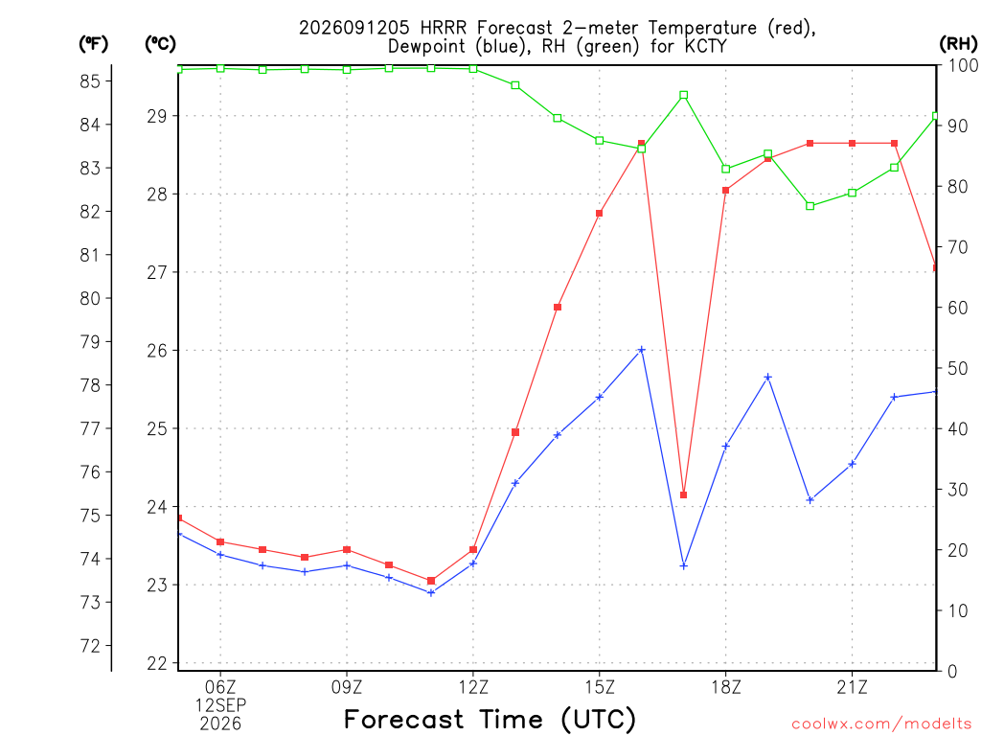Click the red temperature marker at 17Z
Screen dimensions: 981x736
pos(684,495)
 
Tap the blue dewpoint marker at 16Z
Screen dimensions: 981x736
pos(641,350)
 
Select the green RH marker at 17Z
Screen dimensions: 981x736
pos(684,95)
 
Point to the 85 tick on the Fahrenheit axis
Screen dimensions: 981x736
pos(90,80)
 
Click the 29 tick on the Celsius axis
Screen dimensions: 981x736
pos(158,116)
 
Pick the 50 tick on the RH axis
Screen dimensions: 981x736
pos(958,368)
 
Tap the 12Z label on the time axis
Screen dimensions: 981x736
pos(473,687)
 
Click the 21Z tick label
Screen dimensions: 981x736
pos(852,687)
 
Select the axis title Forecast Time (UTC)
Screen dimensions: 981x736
pos(490,720)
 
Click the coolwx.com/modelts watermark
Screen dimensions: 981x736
pos(882,724)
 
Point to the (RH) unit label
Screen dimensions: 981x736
pos(958,43)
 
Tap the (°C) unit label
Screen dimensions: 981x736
pos(160,43)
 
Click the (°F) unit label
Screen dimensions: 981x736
pos(93,43)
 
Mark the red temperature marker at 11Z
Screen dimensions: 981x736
pos(431,581)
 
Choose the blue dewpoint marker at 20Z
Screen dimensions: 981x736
pos(810,500)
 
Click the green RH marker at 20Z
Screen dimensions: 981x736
pos(810,206)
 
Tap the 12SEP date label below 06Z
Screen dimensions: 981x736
pos(220,705)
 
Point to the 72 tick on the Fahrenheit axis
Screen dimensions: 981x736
pos(90,646)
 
